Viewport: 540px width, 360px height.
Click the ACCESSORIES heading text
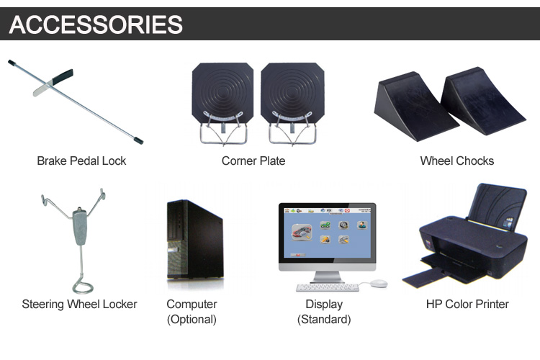click(x=96, y=24)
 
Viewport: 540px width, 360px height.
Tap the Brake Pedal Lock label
click(x=81, y=161)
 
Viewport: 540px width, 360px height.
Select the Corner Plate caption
click(x=253, y=161)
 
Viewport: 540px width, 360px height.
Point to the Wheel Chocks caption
click(x=457, y=161)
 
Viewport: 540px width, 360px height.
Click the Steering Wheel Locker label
click(x=79, y=304)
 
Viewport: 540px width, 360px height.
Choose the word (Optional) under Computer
click(x=192, y=320)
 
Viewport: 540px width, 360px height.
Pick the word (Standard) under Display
click(x=324, y=320)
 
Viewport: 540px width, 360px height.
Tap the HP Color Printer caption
click(x=467, y=304)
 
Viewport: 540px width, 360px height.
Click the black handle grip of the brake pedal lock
click(x=63, y=76)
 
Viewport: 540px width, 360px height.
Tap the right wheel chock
click(x=482, y=100)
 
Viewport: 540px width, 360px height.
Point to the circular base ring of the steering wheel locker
click(x=83, y=287)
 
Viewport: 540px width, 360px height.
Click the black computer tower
click(x=195, y=239)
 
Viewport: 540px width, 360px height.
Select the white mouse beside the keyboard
click(x=379, y=283)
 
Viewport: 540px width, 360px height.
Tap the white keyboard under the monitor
click(x=328, y=287)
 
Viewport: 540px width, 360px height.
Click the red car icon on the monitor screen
click(x=302, y=232)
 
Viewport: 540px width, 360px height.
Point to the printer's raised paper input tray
click(x=497, y=206)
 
